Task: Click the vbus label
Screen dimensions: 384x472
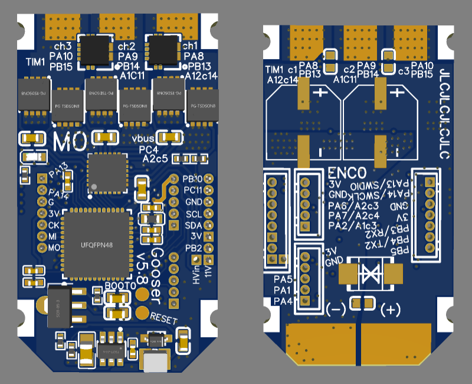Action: (x=144, y=139)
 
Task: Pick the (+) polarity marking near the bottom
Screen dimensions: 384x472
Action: (x=392, y=309)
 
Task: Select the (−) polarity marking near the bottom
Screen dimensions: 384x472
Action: (x=336, y=309)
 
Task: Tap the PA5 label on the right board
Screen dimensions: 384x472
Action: (x=283, y=279)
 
